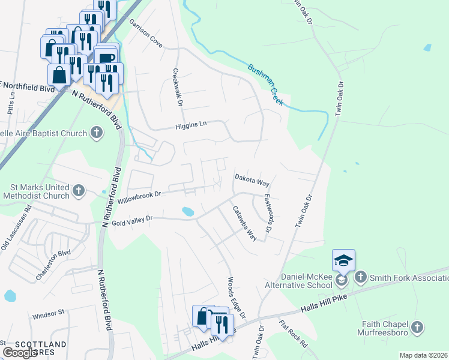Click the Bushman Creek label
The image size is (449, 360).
[265, 85]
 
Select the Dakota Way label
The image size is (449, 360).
[252, 179]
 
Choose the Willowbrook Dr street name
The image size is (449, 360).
[140, 195]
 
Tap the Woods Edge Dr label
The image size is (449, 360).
[236, 298]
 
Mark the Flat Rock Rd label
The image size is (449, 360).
[294, 334]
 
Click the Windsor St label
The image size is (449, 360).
[48, 313]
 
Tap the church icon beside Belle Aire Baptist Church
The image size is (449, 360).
[97, 133]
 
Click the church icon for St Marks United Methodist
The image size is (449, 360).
[78, 191]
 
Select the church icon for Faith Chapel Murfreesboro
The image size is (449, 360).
[418, 327]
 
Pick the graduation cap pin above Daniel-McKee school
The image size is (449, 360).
[343, 260]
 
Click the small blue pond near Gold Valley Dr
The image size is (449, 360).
[188, 211]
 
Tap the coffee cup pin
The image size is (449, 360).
[106, 58]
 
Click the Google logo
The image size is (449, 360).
[20, 353]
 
